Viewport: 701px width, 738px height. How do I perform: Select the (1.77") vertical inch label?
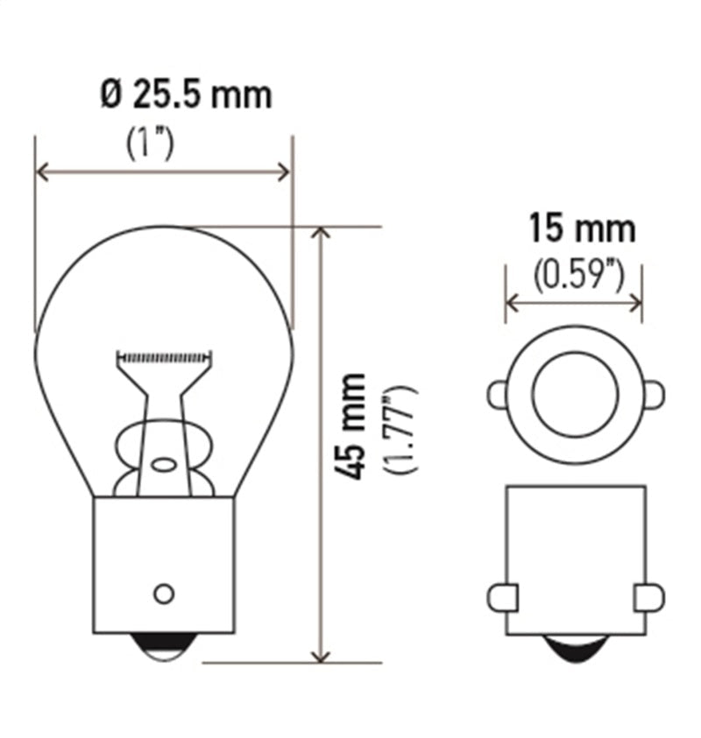pyautogui.click(x=402, y=428)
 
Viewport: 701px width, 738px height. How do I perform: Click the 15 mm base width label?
pyautogui.click(x=581, y=230)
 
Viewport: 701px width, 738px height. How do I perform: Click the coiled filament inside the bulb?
pyautogui.click(x=165, y=357)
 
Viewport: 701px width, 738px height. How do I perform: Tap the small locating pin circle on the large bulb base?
pyautogui.click(x=163, y=594)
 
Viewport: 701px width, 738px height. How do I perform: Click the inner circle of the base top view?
pyautogui.click(x=575, y=394)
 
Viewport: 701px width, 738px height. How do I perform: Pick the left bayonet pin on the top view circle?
pyautogui.click(x=498, y=395)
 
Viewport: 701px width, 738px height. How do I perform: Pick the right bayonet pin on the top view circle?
pyautogui.click(x=653, y=395)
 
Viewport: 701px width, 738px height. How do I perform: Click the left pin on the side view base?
pyautogui.click(x=502, y=598)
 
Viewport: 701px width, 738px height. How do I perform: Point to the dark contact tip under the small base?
pyautogui.click(x=575, y=649)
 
